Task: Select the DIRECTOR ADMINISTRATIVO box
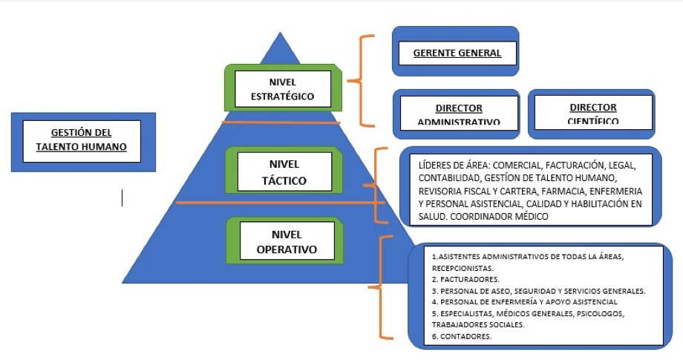point(458,114)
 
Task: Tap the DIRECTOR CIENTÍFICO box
point(592,113)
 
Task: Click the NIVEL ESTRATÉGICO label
point(282,89)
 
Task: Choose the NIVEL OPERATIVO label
point(287,242)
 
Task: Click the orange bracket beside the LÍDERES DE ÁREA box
point(379,186)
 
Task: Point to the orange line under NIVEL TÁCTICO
point(275,202)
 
